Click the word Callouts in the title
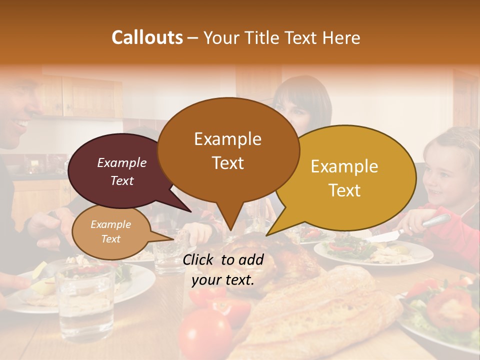pyautogui.click(x=147, y=37)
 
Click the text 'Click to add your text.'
pyautogui.click(x=223, y=269)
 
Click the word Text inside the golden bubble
pyautogui.click(x=344, y=190)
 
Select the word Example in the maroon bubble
pyautogui.click(x=121, y=162)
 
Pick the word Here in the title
pyautogui.click(x=342, y=37)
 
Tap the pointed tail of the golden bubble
pyautogui.click(x=270, y=232)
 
